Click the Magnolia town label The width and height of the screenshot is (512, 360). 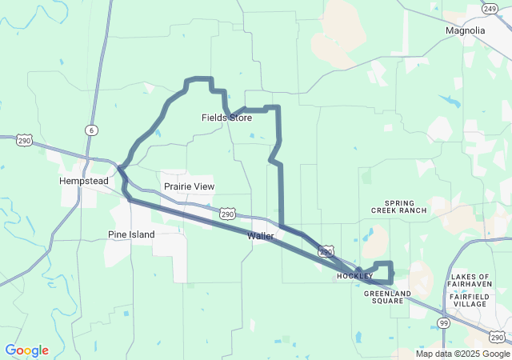(465, 30)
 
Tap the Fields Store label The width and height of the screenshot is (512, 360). (226, 118)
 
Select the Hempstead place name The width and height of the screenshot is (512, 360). (83, 181)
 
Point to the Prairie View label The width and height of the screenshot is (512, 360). (189, 186)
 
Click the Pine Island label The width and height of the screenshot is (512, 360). (131, 234)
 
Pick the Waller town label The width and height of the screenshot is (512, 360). (261, 236)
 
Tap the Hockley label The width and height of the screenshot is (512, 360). (354, 276)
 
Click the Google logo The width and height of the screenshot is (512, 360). (26, 350)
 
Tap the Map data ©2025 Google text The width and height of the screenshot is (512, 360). (462, 354)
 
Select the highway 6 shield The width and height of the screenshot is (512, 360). (92, 130)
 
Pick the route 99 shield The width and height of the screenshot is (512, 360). (443, 322)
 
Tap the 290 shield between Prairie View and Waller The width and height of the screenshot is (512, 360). (228, 214)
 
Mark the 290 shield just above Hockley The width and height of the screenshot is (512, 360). (326, 251)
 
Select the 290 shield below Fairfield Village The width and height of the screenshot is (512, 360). (497, 337)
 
